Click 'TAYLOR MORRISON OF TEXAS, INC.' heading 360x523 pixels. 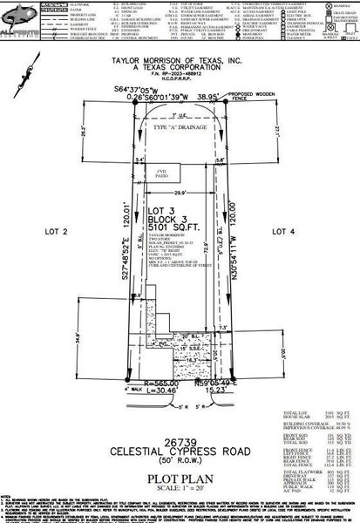click(179, 61)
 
